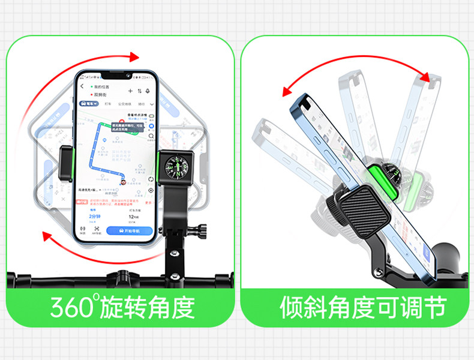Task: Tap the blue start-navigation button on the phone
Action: pyautogui.click(x=129, y=231)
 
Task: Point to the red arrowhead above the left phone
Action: pyautogui.click(x=133, y=57)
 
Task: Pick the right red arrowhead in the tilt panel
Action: pyautogui.click(x=427, y=79)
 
